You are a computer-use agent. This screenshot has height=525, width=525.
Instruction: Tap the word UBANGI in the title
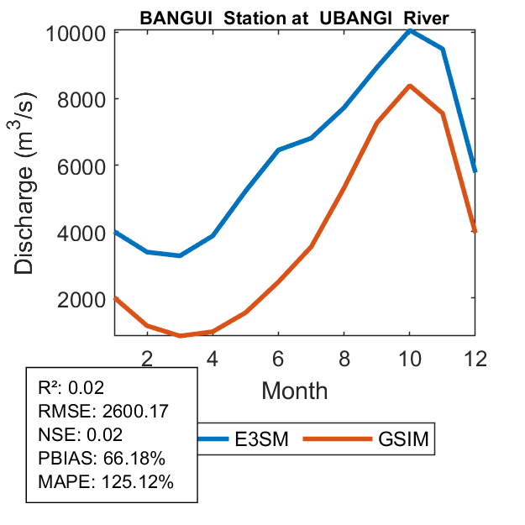358,18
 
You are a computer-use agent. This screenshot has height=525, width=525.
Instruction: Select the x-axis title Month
294,390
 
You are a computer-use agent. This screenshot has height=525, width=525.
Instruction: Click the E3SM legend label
265,439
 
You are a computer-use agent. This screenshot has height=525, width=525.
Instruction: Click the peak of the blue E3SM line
410,30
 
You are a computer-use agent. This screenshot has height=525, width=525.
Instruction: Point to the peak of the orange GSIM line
410,86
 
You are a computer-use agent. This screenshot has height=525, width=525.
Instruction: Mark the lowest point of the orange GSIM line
180,335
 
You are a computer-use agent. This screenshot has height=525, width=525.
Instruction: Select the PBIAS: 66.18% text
102,459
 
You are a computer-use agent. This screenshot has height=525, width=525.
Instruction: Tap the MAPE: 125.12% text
106,482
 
